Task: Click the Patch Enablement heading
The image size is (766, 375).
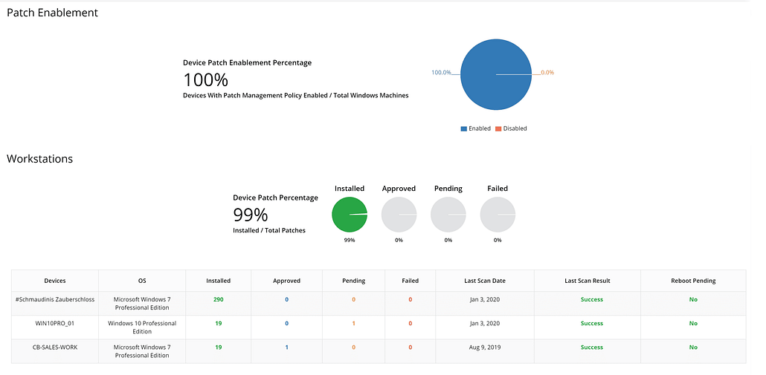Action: coord(52,13)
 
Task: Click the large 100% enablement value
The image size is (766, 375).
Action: coord(205,79)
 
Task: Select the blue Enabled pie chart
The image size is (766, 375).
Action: coord(495,74)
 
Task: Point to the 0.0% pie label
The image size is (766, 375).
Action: coord(547,73)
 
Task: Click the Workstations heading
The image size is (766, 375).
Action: coord(39,159)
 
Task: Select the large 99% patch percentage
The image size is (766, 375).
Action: coord(250,215)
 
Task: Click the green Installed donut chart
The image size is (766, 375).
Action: coord(349,215)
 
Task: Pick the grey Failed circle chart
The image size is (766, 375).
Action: coord(498,215)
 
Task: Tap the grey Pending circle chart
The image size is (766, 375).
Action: coord(448,215)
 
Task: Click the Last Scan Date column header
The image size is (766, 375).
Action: coord(484,281)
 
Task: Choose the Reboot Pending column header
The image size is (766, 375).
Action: coord(692,281)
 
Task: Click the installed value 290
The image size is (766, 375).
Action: coord(218,299)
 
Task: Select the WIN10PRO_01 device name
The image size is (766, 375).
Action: coord(55,323)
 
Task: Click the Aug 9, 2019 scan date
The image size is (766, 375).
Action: coord(484,347)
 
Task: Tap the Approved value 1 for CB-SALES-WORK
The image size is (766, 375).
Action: coord(286,347)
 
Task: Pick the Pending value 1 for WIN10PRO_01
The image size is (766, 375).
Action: coord(353,323)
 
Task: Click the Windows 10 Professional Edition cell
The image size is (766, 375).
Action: coord(142,327)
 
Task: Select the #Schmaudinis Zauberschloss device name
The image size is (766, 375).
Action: coord(55,299)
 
